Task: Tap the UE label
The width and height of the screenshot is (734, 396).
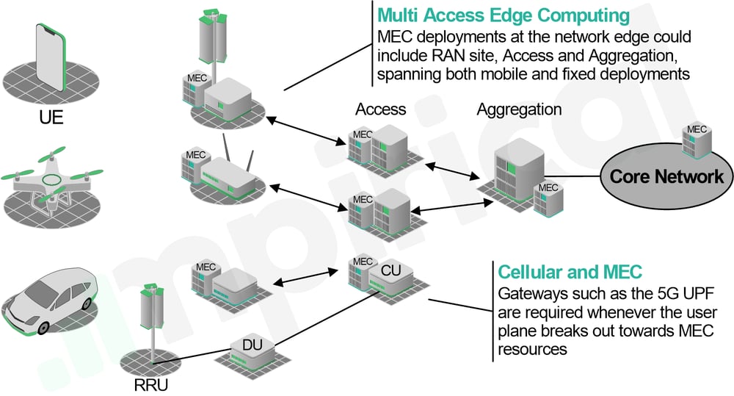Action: pos(51,118)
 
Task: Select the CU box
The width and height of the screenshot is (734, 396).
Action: pos(388,273)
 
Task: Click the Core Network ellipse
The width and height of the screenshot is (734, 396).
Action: pos(666,177)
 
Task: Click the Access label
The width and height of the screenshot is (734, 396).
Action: pos(380,109)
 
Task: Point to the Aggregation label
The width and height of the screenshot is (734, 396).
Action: pos(519,109)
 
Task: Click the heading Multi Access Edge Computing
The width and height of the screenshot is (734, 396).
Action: pos(504,15)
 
